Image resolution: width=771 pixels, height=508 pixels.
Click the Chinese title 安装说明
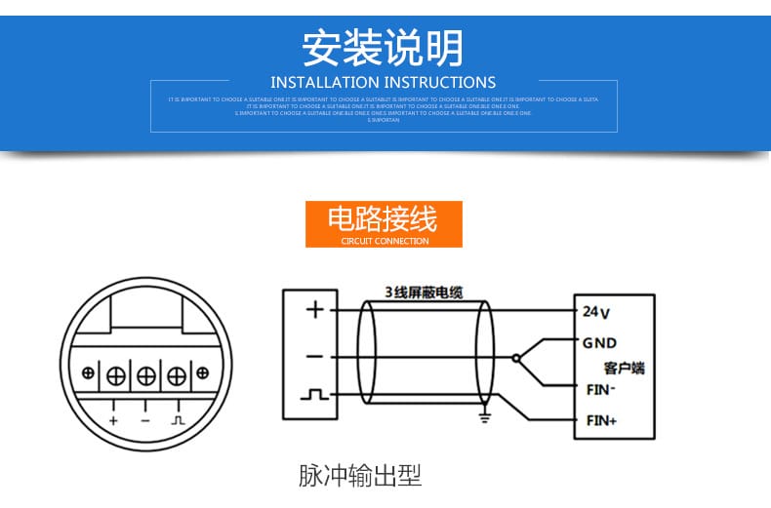point(384,47)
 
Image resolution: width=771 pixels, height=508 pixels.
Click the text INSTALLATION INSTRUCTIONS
point(384,83)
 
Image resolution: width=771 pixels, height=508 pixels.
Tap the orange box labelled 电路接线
point(384,224)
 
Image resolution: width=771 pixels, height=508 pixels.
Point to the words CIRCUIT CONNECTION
point(385,241)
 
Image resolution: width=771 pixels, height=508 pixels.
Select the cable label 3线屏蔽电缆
point(424,292)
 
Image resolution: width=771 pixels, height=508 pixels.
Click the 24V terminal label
point(596,312)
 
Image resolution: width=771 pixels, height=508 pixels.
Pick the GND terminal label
point(599,343)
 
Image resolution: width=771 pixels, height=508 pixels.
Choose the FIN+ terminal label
point(600,421)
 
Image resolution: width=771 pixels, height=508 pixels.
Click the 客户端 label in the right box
point(625,368)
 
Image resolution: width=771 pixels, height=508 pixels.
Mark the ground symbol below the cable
point(482,417)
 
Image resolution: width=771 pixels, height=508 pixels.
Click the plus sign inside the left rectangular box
point(314,310)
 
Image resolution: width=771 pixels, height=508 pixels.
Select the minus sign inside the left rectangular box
point(314,356)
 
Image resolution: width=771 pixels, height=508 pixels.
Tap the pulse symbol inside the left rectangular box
point(314,395)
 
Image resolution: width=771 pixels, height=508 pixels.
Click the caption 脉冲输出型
point(359,477)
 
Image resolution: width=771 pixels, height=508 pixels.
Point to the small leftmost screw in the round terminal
point(88,372)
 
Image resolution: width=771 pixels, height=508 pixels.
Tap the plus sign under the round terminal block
point(113,420)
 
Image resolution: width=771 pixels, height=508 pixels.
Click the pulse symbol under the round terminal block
point(178,420)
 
